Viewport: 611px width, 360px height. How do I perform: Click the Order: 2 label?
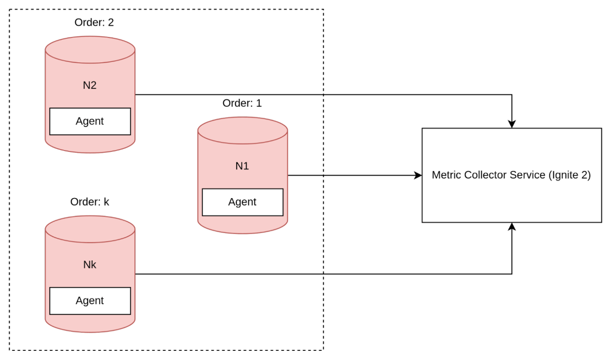click(94, 22)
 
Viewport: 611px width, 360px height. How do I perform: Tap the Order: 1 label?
click(242, 103)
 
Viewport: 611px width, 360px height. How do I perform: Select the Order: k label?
click(90, 202)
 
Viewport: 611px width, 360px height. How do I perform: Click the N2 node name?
click(90, 85)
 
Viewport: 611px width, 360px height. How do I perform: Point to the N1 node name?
click(242, 166)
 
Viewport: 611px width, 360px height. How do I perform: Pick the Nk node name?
click(90, 265)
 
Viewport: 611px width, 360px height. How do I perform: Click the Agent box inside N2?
click(90, 121)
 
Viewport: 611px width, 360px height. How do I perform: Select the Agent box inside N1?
click(242, 202)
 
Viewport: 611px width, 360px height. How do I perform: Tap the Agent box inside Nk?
click(90, 300)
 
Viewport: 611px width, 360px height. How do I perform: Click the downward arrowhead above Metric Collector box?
click(512, 124)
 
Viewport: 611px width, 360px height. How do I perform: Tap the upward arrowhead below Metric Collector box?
click(512, 227)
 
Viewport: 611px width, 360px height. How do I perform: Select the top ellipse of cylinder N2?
click(90, 50)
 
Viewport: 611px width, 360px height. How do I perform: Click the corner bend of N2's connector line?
click(512, 95)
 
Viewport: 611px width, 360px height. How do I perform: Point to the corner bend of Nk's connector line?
click(512, 274)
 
